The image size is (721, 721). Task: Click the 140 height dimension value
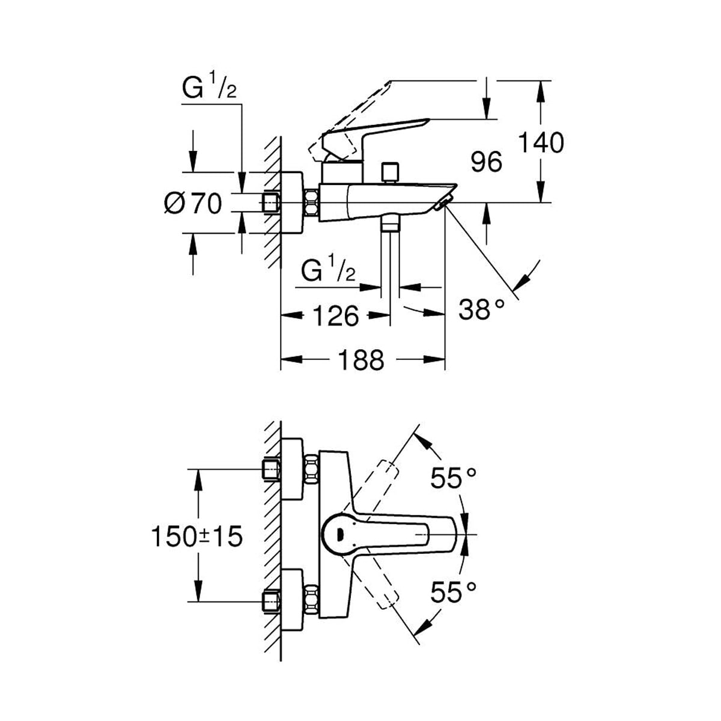click(541, 143)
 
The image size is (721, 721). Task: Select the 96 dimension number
click(486, 162)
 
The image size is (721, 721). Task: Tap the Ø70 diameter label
click(193, 204)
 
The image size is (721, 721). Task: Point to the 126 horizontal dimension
click(336, 315)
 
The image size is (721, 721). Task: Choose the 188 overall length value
click(361, 360)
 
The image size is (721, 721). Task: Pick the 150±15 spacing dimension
click(196, 535)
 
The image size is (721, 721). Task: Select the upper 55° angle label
click(454, 478)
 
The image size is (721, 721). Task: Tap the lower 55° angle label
click(454, 593)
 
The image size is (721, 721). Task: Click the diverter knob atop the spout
click(394, 171)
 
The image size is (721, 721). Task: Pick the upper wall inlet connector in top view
click(272, 469)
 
